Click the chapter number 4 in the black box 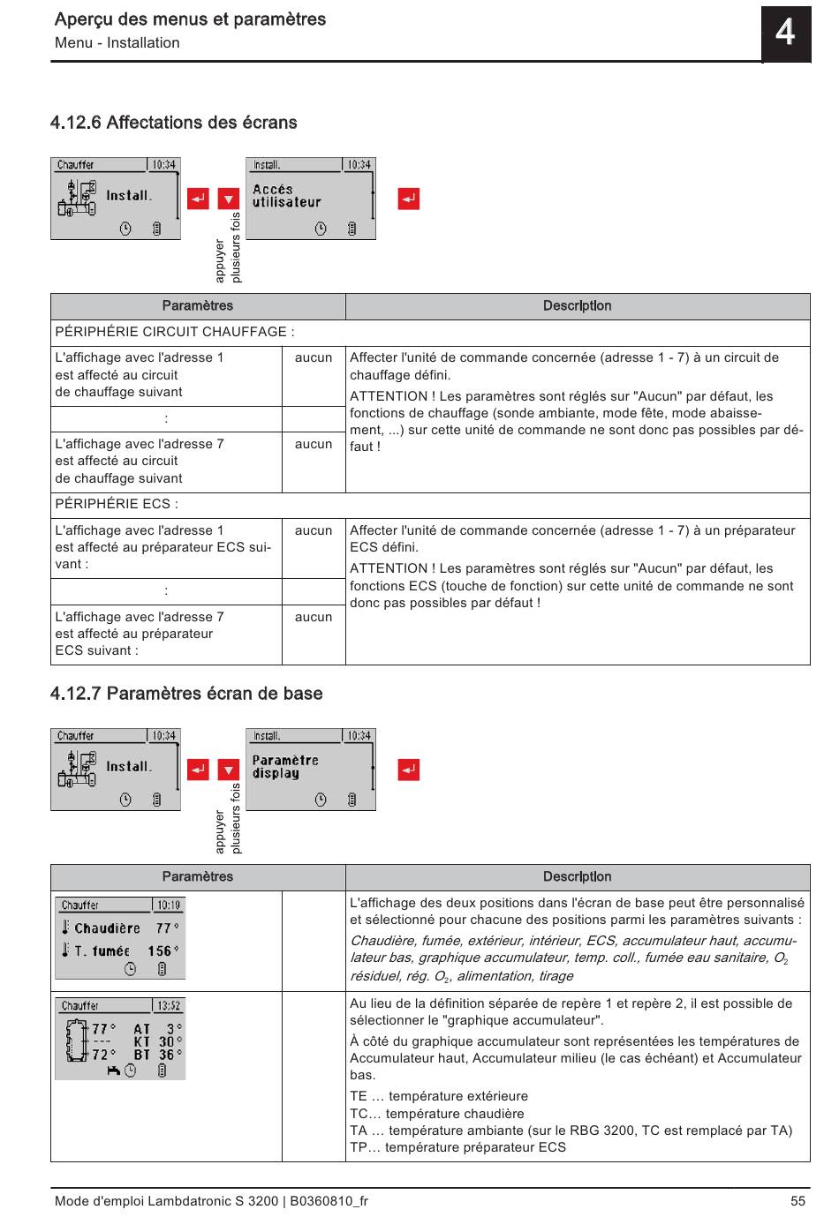(x=785, y=34)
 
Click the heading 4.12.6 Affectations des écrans (x=174, y=123)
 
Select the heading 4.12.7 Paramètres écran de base (x=186, y=694)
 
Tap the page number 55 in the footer (x=797, y=1201)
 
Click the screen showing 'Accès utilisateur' (x=310, y=199)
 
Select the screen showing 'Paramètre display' (x=310, y=770)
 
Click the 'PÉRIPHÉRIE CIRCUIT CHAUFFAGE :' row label (x=175, y=332)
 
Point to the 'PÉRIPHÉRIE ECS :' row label (x=117, y=505)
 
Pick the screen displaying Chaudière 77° (x=120, y=938)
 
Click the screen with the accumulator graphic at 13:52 (x=120, y=1039)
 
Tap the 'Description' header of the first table (x=577, y=306)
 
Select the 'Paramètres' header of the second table (x=198, y=877)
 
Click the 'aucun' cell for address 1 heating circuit (x=314, y=358)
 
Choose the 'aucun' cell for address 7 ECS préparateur (x=314, y=617)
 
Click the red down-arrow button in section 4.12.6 (x=229, y=199)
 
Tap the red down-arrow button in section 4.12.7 (x=229, y=770)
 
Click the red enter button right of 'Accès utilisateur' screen (x=408, y=199)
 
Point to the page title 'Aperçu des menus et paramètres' (x=190, y=19)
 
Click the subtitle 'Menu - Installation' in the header (x=117, y=43)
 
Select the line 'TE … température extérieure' (x=439, y=1097)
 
